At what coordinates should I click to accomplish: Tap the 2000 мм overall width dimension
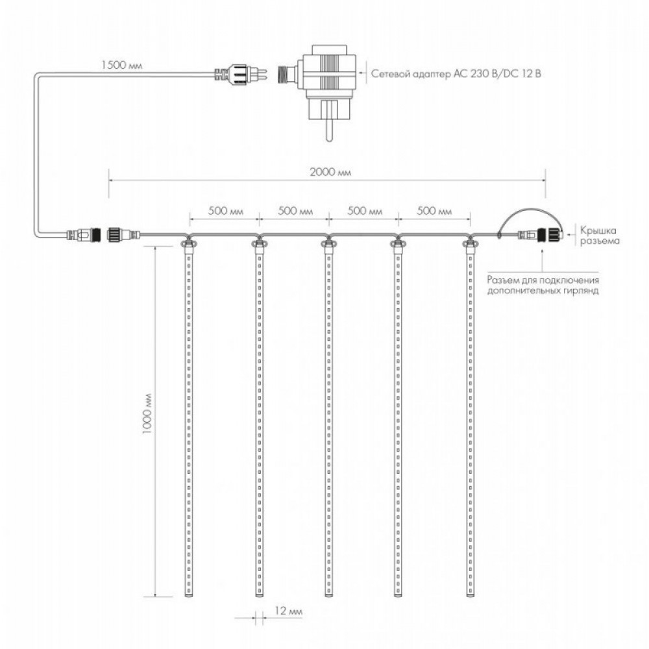[x=330, y=172]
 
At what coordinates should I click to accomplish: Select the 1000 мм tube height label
[x=147, y=413]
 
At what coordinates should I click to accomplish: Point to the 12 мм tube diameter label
[x=288, y=611]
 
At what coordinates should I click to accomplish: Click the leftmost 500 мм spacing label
[x=226, y=211]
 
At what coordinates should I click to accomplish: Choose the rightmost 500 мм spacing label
[x=434, y=211]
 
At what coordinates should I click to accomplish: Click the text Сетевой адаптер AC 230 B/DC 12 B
[x=456, y=74]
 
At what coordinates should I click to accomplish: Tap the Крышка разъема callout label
[x=600, y=236]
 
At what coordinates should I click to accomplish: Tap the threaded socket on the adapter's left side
[x=286, y=74]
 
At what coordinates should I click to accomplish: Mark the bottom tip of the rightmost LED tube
[x=470, y=596]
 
